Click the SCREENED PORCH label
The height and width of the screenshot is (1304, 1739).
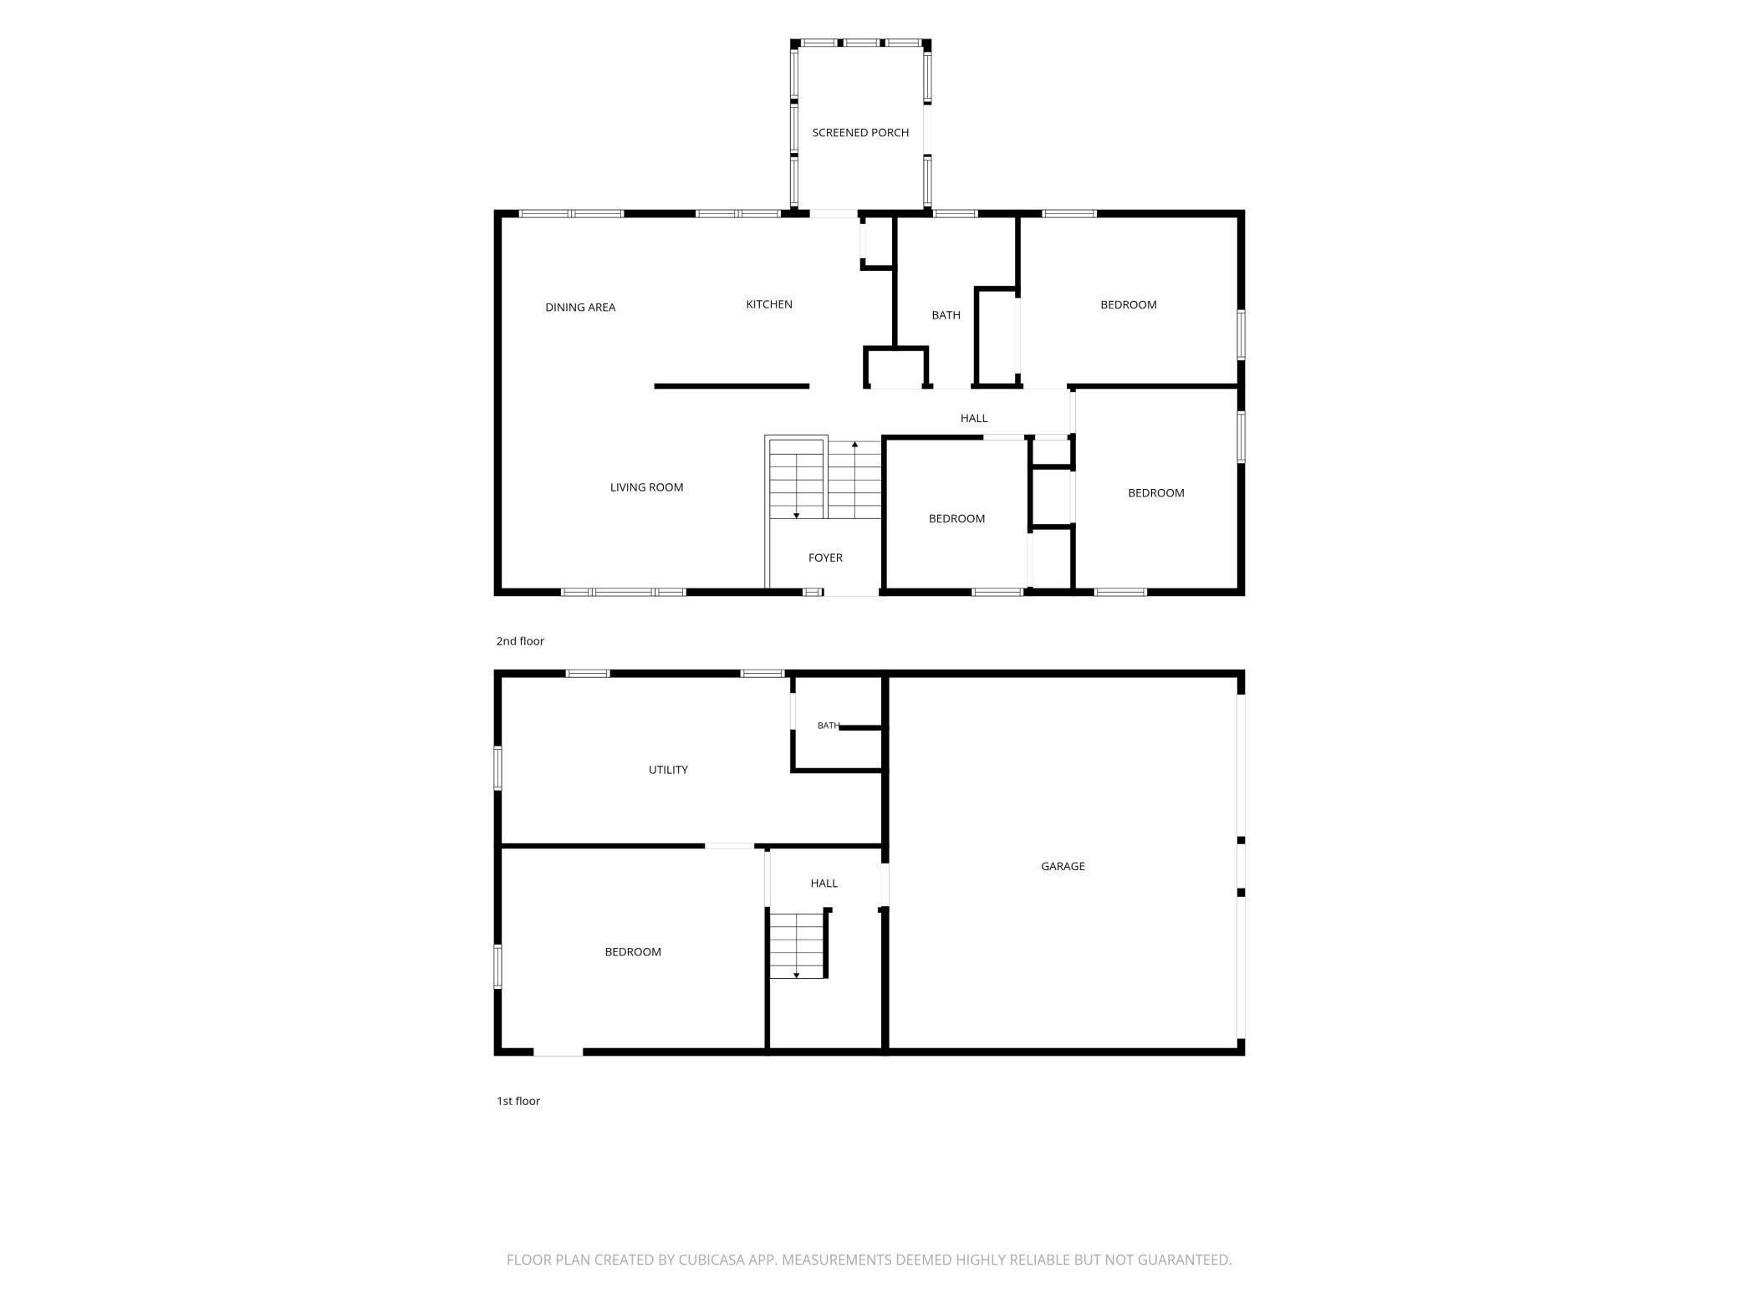click(860, 133)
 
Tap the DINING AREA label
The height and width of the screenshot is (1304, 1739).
click(580, 308)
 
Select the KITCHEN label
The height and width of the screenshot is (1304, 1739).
click(769, 304)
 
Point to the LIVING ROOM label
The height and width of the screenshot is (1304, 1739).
click(646, 487)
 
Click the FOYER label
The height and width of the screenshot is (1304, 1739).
click(825, 558)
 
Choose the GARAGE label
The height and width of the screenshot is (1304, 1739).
click(1063, 866)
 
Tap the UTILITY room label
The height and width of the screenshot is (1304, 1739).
click(668, 770)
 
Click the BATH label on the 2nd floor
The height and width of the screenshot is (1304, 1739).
click(946, 315)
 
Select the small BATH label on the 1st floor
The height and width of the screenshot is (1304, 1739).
click(828, 726)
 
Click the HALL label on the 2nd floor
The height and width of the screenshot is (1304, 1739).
click(974, 418)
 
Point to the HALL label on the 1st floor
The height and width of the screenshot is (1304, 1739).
click(824, 883)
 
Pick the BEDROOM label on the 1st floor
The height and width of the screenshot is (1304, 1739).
click(633, 952)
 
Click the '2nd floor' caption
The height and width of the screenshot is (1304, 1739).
click(520, 641)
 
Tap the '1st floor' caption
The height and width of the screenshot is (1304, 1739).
click(518, 1101)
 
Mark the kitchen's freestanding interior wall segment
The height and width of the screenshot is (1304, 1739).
click(732, 386)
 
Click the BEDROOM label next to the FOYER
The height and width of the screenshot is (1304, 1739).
click(956, 519)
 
